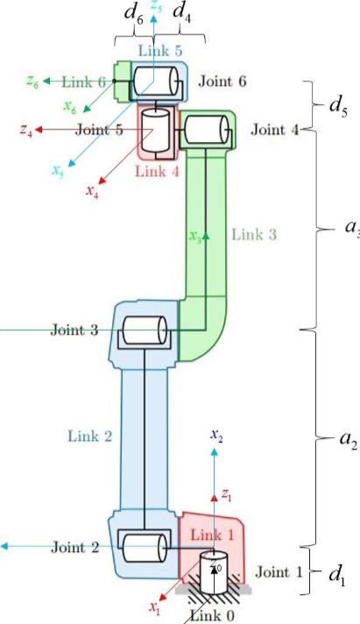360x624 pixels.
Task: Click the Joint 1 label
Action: pos(279,572)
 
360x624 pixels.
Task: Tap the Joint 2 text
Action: pos(74,548)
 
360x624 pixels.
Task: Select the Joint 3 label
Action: pos(74,330)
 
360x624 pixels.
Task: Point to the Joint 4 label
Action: pos(274,130)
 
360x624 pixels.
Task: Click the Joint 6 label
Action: pos(222,82)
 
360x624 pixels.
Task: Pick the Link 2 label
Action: pos(90,436)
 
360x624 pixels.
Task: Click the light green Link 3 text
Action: pos(254,234)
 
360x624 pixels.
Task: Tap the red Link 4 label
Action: pos(158,171)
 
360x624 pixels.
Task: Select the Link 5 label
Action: pos(160,50)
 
